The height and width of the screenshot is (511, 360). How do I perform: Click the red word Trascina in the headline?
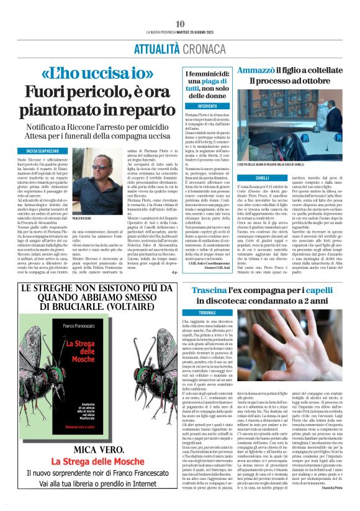(x=210, y=292)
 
